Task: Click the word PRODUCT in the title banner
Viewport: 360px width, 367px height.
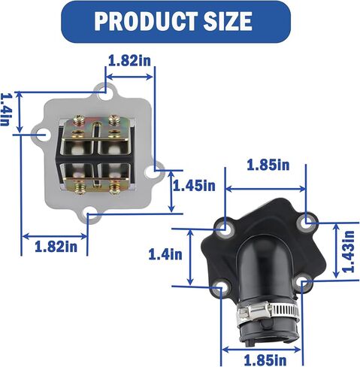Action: (145, 21)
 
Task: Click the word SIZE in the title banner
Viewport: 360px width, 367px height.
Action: (228, 21)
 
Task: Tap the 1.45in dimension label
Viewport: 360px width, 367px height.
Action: (194, 186)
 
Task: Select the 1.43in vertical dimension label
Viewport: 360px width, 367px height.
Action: (349, 251)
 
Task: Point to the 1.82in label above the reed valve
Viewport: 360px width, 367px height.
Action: (129, 60)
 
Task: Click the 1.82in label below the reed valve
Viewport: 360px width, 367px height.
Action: (56, 247)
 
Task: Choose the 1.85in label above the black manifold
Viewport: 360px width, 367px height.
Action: (268, 165)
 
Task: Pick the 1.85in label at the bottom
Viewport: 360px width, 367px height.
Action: (265, 360)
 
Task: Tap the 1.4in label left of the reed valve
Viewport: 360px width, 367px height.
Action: (5, 110)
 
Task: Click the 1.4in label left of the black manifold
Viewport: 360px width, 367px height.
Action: (165, 254)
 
